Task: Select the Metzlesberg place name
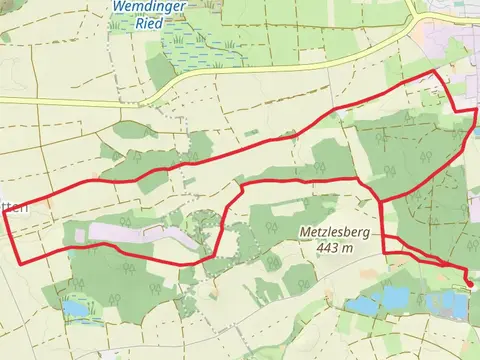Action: tap(334, 231)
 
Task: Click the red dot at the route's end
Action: tap(470, 283)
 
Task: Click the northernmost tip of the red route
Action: tap(437, 73)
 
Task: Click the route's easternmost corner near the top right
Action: tap(476, 111)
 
